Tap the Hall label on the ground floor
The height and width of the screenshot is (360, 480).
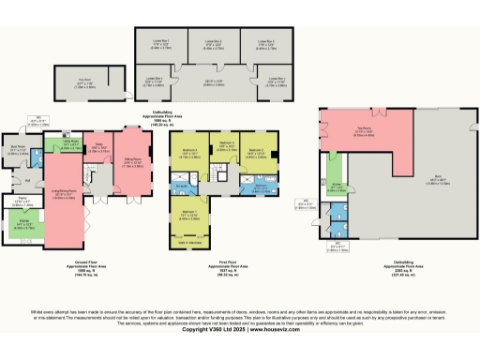pyautogui.click(x=28, y=180)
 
